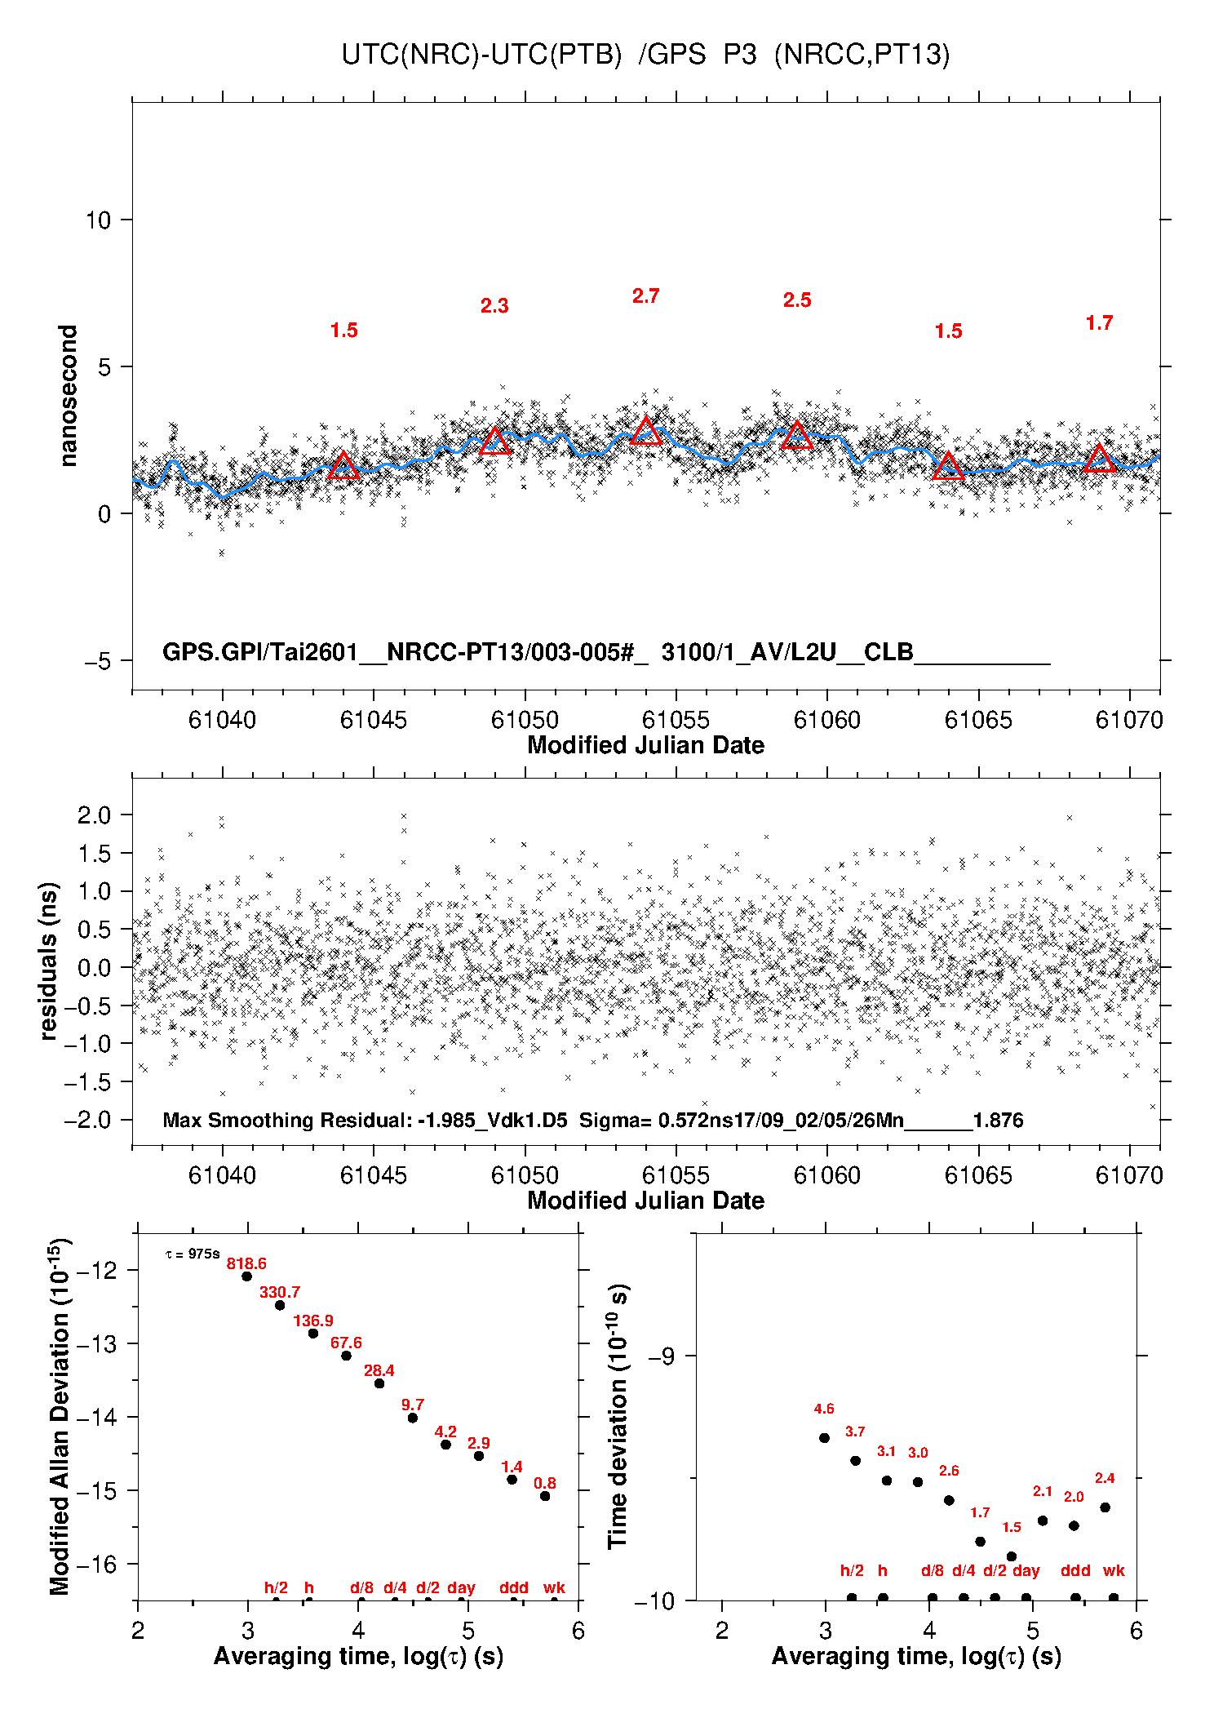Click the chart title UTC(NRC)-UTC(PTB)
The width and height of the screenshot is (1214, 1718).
[x=481, y=55]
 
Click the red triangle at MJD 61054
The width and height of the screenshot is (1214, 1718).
[x=646, y=432]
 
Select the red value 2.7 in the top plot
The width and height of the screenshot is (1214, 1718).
[x=645, y=296]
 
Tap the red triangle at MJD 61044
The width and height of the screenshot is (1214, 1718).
[x=343, y=466]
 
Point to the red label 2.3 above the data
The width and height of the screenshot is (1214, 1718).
[x=494, y=306]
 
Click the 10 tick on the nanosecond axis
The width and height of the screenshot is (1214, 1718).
[x=98, y=220]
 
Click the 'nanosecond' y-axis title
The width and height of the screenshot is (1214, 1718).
[x=68, y=396]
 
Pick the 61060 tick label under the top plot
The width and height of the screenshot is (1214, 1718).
[x=826, y=720]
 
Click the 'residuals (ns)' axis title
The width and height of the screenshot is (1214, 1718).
[x=49, y=961]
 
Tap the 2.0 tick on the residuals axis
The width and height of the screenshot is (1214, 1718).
[x=93, y=815]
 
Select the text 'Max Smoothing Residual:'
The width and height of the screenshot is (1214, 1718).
[x=287, y=1120]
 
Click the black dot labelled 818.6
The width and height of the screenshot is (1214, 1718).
[x=246, y=1276]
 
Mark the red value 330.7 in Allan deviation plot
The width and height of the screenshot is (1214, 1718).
[x=280, y=1292]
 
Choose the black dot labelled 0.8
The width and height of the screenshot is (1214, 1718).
[x=545, y=1496]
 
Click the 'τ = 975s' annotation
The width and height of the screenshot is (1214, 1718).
[x=193, y=1254]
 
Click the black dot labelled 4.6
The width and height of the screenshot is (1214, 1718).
[x=824, y=1438]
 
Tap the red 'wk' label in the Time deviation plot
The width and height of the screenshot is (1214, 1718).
[x=1114, y=1570]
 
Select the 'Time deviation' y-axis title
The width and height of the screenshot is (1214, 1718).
[x=618, y=1417]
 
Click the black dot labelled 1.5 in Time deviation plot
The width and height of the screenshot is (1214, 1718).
[x=1012, y=1556]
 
